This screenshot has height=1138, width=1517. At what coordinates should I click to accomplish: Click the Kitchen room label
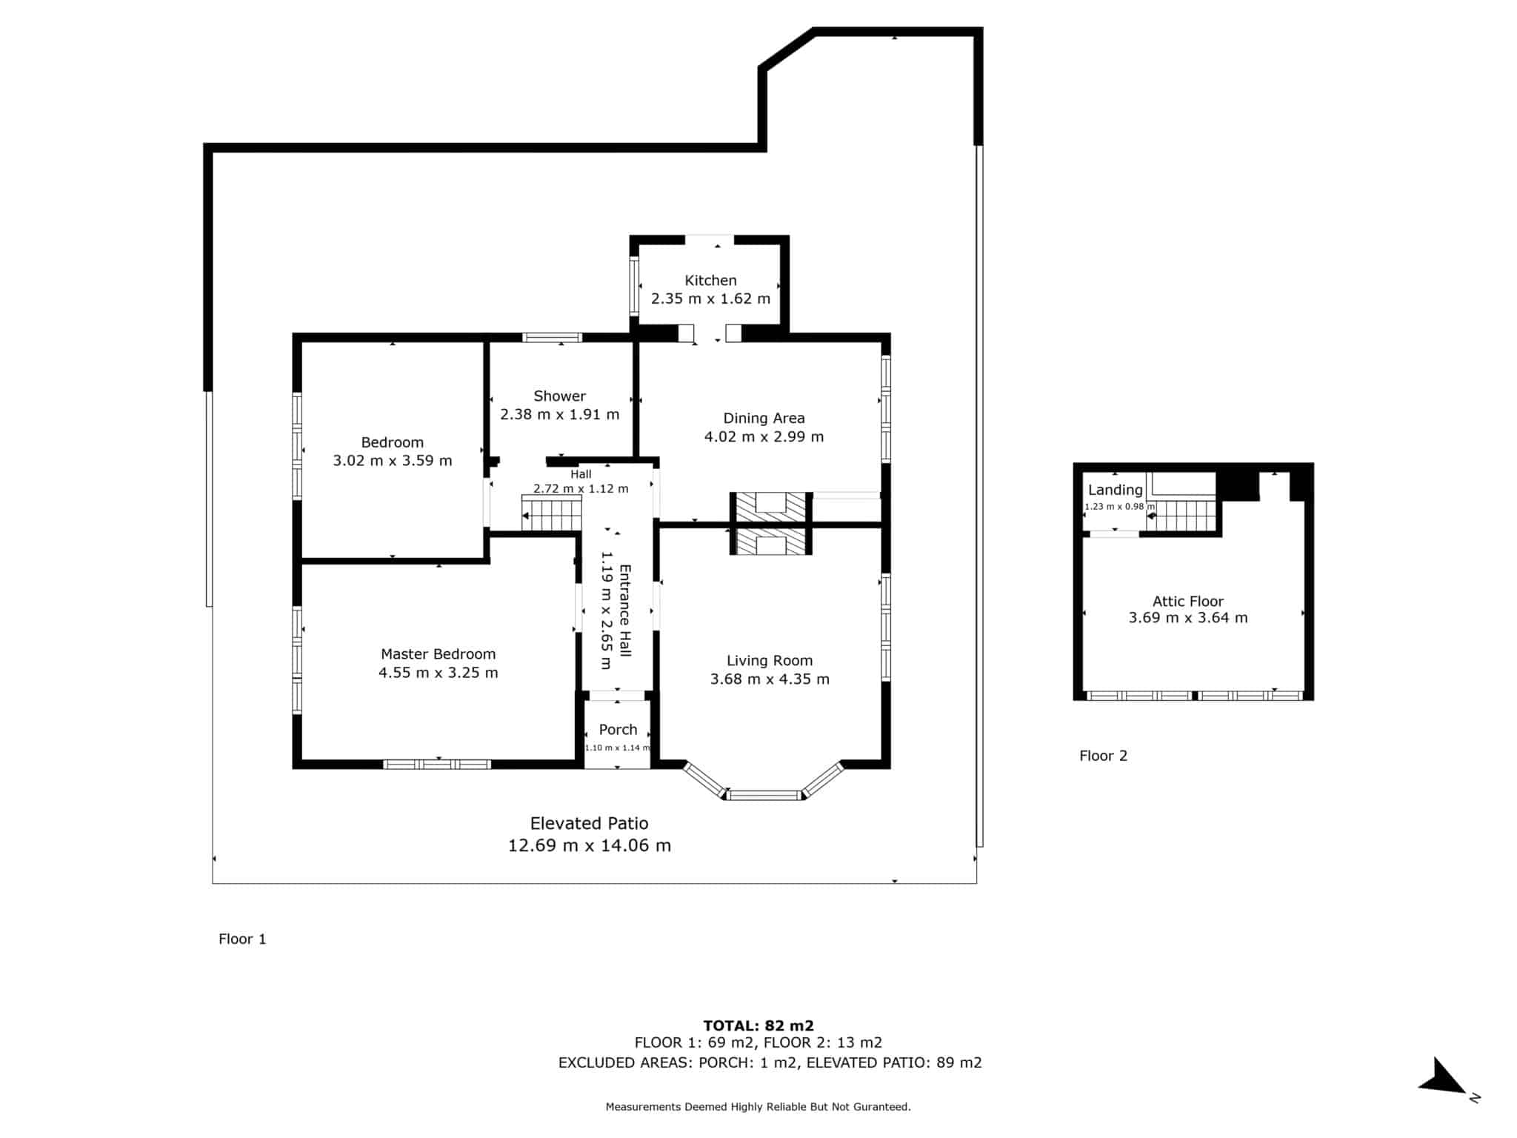pos(710,280)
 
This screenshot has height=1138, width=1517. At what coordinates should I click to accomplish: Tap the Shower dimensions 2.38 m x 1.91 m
pos(559,414)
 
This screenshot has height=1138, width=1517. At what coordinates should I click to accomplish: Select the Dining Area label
pos(764,419)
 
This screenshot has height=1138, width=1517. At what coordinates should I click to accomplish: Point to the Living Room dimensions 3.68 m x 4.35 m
pos(770,679)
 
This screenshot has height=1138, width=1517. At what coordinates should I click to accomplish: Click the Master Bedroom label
pos(438,654)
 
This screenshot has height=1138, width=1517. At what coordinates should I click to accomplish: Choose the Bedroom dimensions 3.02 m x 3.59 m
pos(392,460)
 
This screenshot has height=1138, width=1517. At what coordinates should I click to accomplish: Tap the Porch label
pos(618,730)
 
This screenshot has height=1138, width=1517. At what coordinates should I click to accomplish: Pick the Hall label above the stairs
pos(581,474)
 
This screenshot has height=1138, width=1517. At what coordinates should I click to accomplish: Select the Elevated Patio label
pos(589,823)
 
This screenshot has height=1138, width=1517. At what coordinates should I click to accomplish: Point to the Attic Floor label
pos(1187,602)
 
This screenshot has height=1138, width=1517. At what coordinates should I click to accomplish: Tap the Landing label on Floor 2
pos(1115,490)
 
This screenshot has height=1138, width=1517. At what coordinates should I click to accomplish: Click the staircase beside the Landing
pos(1182,516)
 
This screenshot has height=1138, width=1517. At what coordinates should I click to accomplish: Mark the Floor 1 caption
pos(242,939)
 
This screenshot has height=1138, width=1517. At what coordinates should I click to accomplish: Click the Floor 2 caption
pos(1103,756)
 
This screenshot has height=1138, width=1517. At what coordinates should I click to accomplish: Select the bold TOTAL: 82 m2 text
pos(758,1025)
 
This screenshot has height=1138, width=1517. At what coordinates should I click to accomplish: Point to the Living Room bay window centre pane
pos(764,796)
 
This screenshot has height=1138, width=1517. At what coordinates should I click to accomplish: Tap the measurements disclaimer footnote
pos(758,1107)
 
